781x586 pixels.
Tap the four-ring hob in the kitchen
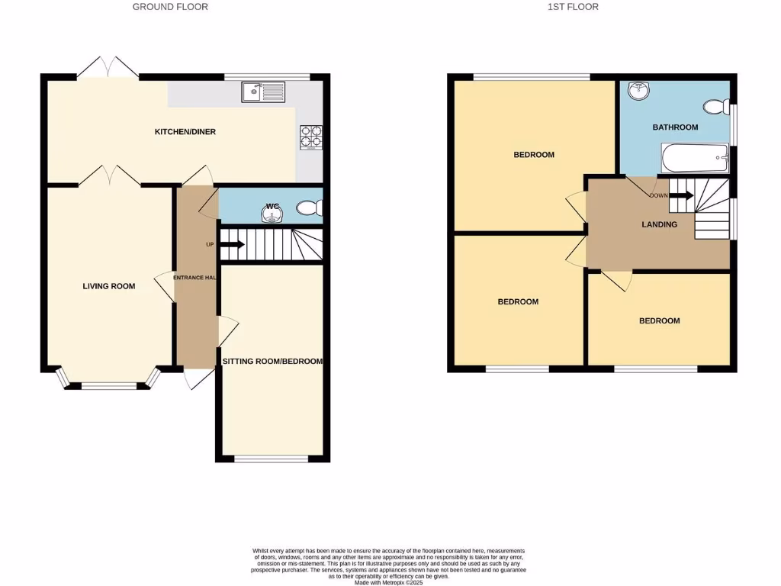[x=310, y=136]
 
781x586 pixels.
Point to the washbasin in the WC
[x=272, y=214]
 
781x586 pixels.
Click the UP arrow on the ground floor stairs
[x=232, y=245]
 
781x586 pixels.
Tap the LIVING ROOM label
[x=109, y=287]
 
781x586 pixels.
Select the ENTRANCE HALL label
[x=195, y=278]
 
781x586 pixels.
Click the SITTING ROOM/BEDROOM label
[x=272, y=362]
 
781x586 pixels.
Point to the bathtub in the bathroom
[x=695, y=159]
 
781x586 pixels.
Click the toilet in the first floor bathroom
[x=716, y=107]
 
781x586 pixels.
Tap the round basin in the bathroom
[x=638, y=92]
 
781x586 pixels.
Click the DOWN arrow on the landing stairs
[x=680, y=195]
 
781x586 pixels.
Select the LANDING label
[x=659, y=225]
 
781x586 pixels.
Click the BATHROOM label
[x=675, y=127]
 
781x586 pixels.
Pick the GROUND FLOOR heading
[x=170, y=7]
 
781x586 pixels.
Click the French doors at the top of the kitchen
[x=108, y=67]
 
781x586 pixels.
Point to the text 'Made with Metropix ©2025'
[x=388, y=582]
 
